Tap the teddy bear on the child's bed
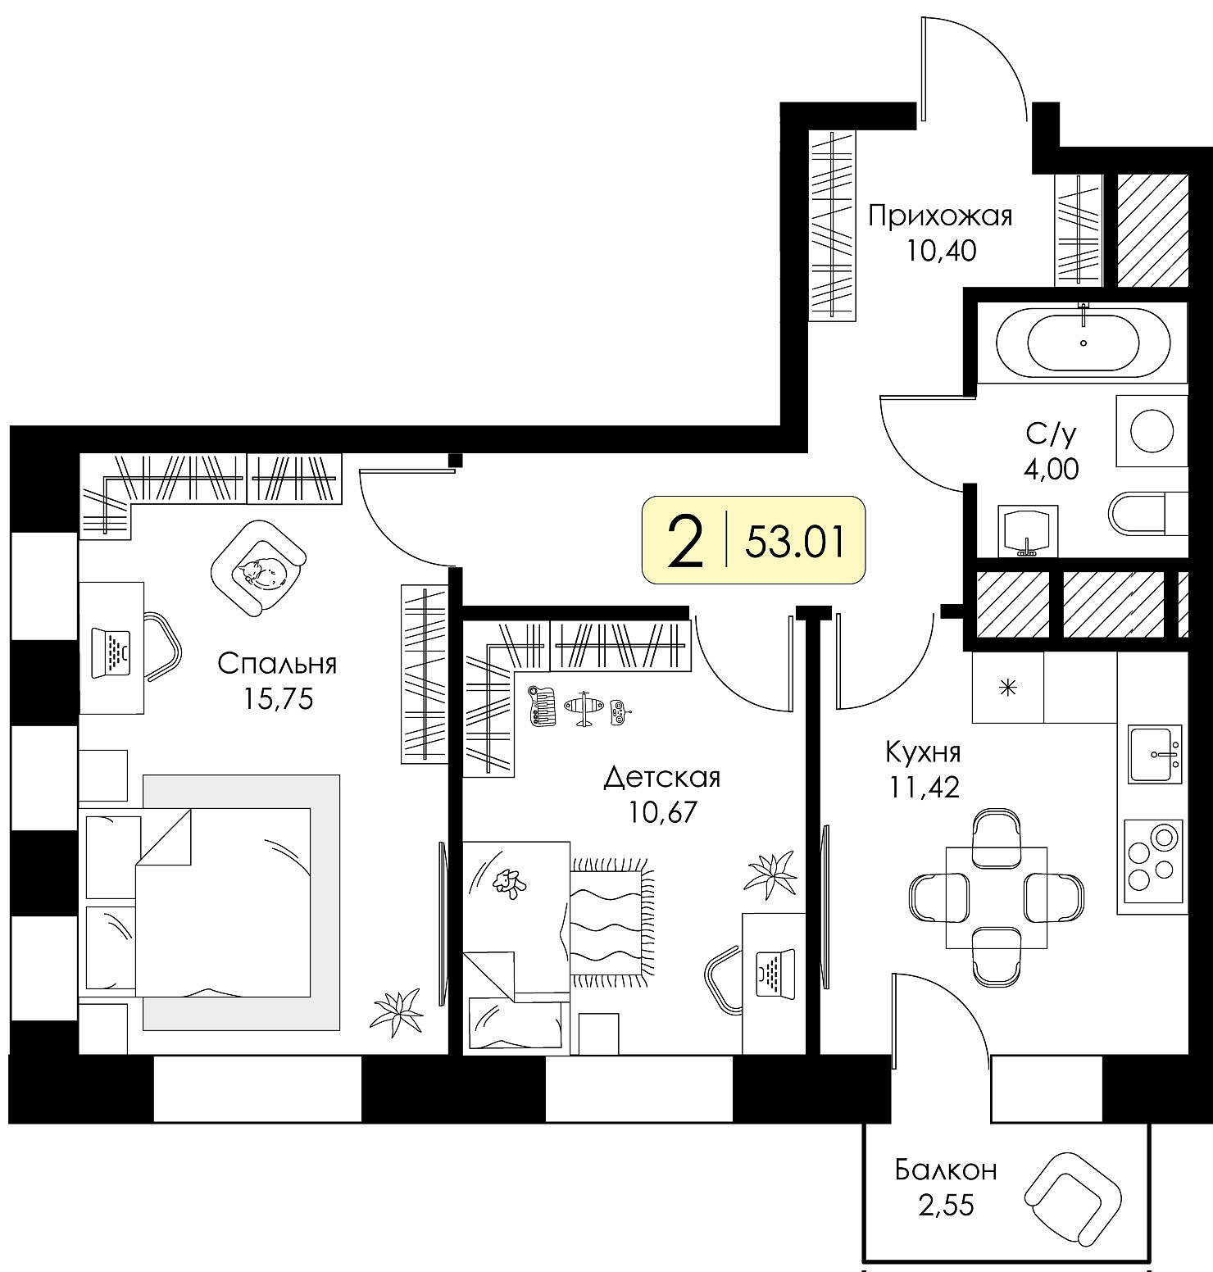point(509,883)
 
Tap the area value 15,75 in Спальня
point(278,698)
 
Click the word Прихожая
point(940,216)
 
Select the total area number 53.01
point(794,542)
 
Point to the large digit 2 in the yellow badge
point(686,540)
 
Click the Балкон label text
point(946,1169)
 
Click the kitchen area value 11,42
point(924,787)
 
